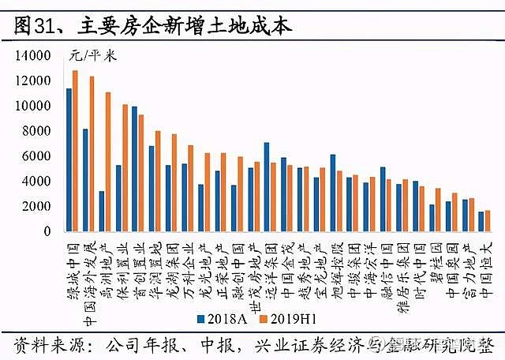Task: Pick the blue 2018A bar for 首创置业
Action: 134,170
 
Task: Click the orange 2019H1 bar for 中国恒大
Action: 488,222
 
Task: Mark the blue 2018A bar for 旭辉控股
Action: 333,193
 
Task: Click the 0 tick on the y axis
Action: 46,232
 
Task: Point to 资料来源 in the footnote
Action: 43,345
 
